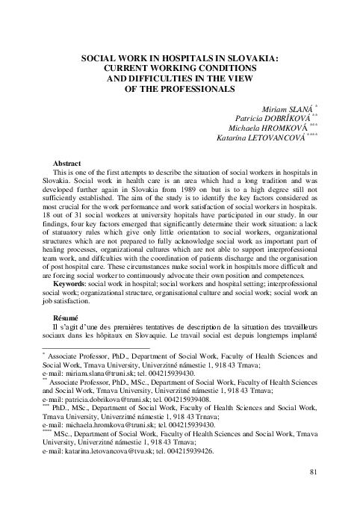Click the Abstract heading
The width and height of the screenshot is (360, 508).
[66, 163]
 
